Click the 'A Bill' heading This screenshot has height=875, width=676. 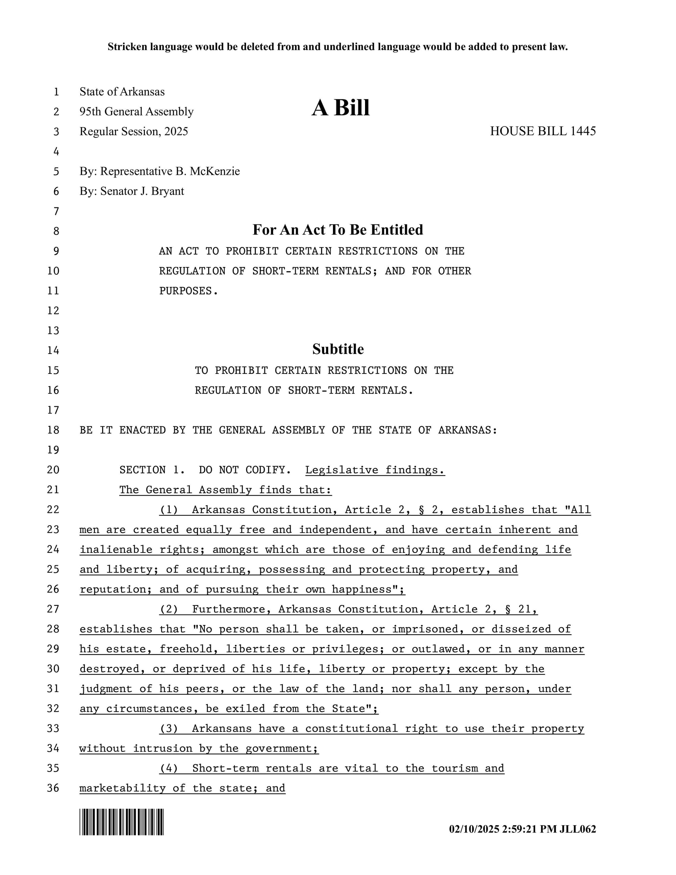(x=340, y=108)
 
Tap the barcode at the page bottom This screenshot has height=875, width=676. (x=121, y=822)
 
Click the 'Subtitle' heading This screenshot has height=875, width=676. (x=338, y=349)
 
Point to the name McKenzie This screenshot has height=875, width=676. (x=215, y=171)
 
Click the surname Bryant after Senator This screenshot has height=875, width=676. (x=167, y=191)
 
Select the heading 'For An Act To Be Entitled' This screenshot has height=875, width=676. (x=338, y=230)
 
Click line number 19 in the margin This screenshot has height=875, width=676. (x=53, y=450)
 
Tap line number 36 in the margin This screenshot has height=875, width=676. (x=53, y=788)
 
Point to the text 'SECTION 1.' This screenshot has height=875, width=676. (x=152, y=470)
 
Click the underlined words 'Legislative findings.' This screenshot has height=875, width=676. (x=375, y=470)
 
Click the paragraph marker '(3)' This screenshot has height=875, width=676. (x=169, y=728)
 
